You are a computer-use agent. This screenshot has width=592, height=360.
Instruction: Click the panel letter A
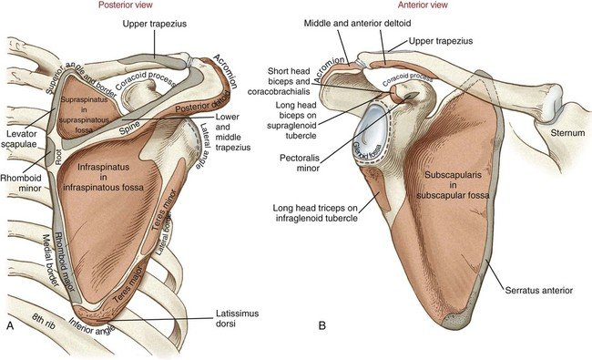[11, 324]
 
